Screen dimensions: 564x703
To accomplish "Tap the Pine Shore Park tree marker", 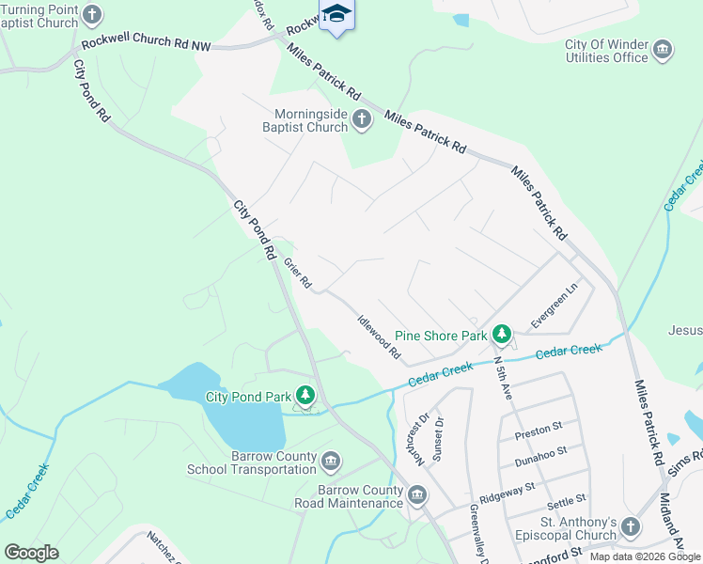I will point(503,334).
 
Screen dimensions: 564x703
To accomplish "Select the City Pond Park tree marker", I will point(305,396).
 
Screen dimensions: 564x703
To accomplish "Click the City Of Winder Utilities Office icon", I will point(662,49).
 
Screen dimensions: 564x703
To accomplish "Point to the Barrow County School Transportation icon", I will point(330,461).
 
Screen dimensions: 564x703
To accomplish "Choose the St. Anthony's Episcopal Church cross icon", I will point(630,527).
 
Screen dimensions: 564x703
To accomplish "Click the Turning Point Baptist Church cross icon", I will point(91,13).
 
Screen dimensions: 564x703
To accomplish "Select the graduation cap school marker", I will point(337,14).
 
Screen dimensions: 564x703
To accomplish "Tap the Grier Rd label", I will point(297,274).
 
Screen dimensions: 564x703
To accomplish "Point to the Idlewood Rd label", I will point(379,337).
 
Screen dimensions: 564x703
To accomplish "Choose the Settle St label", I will point(566,500).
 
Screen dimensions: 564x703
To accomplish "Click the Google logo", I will point(31,553).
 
